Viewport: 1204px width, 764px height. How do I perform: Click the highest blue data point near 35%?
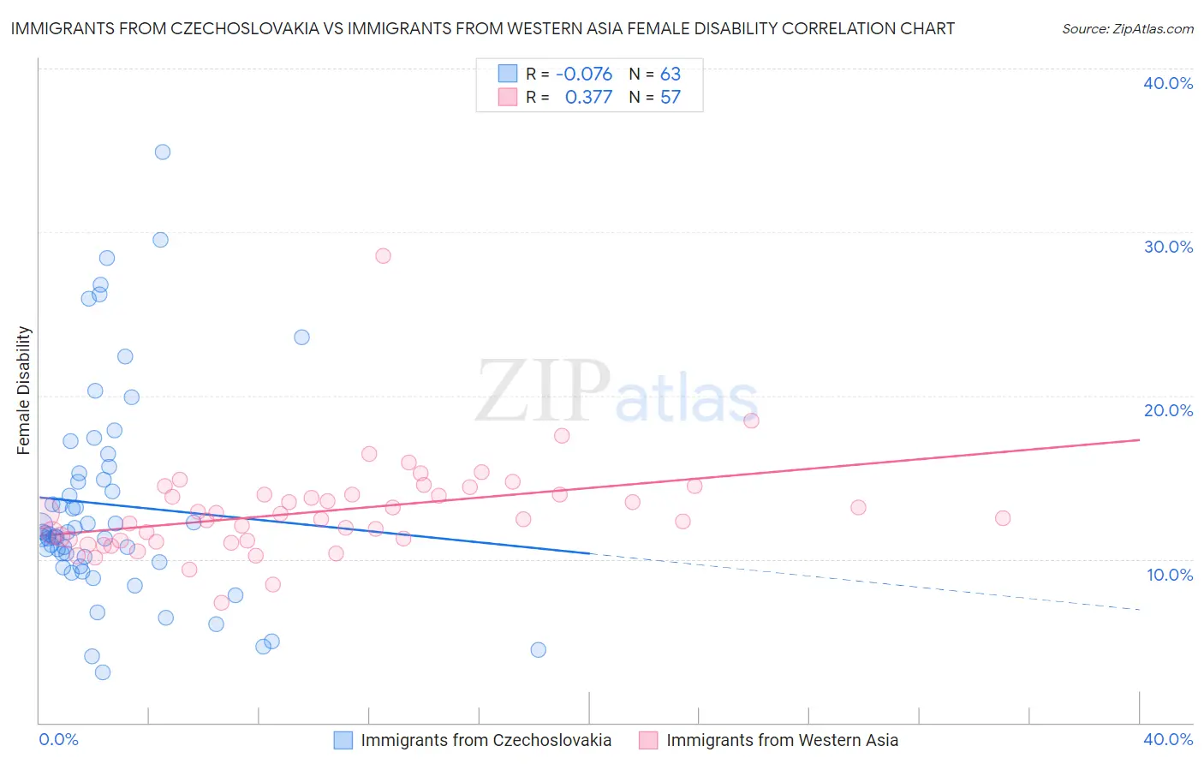tap(163, 152)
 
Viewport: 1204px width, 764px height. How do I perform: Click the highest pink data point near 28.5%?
tap(383, 256)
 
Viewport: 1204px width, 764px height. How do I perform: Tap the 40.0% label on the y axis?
tap(1168, 83)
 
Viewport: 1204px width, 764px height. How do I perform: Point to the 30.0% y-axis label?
tap(1168, 247)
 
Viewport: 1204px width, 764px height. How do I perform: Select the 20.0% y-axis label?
tap(1168, 410)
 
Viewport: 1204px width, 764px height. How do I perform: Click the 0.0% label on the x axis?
tap(59, 739)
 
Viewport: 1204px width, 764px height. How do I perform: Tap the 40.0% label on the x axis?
tap(1168, 739)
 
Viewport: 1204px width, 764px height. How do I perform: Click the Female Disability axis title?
tap(24, 391)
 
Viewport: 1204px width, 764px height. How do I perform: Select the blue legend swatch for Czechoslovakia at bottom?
tap(343, 740)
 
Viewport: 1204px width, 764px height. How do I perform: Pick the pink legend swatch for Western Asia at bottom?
tap(648, 740)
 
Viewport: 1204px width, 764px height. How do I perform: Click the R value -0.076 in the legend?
tap(584, 75)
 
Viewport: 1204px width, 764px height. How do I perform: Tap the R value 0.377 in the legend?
tap(588, 98)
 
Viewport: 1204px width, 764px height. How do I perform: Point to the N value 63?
tap(671, 75)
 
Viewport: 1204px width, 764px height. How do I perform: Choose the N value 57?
tap(671, 98)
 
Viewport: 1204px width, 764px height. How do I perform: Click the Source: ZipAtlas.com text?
tap(1127, 29)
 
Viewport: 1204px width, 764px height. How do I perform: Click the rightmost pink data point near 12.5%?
tap(1003, 518)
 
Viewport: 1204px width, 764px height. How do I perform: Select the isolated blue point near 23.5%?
tap(301, 337)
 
